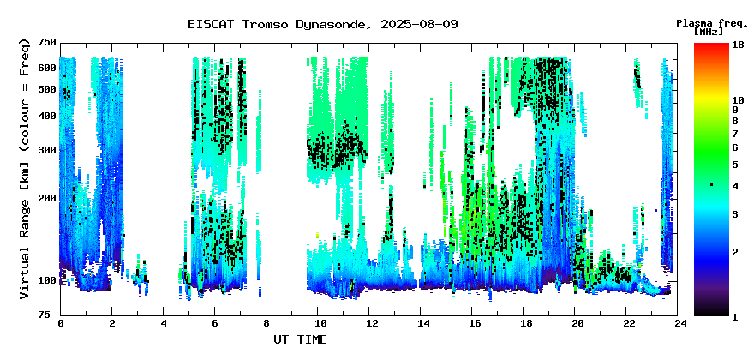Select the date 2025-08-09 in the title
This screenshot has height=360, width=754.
pyautogui.click(x=419, y=24)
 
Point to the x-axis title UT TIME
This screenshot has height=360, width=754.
pyautogui.click(x=300, y=339)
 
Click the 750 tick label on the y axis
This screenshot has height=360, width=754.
pyautogui.click(x=47, y=44)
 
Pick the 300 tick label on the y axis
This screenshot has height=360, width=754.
pyautogui.click(x=47, y=151)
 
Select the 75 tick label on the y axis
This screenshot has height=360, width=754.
pyautogui.click(x=50, y=315)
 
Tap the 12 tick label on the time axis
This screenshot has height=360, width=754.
pyautogui.click(x=368, y=324)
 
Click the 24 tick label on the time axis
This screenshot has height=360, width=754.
pyautogui.click(x=678, y=324)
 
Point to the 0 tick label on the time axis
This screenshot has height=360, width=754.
pyautogui.click(x=61, y=324)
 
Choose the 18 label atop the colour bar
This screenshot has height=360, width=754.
pyautogui.click(x=738, y=45)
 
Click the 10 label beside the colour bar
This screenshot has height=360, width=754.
pyautogui.click(x=738, y=100)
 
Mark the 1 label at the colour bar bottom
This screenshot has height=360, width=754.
pyautogui.click(x=735, y=317)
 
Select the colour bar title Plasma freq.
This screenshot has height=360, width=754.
pyautogui.click(x=710, y=24)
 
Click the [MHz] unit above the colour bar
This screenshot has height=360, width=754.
pyautogui.click(x=709, y=32)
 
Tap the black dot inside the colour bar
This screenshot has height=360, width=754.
pyautogui.click(x=711, y=185)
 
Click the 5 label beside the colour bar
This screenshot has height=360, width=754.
pyautogui.click(x=735, y=165)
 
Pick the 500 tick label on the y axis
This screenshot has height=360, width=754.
pyautogui.click(x=47, y=89)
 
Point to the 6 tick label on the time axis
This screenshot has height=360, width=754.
pyautogui.click(x=214, y=324)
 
